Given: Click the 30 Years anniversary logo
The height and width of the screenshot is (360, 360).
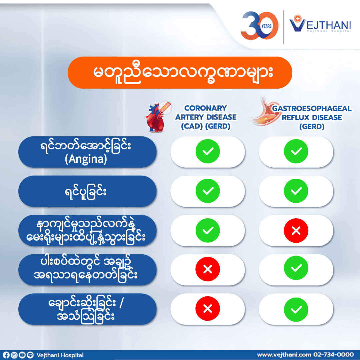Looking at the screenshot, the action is pyautogui.click(x=259, y=26).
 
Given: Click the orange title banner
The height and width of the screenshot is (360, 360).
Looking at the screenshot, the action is pyautogui.click(x=180, y=73).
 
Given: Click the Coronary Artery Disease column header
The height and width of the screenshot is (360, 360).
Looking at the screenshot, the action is pyautogui.click(x=206, y=117).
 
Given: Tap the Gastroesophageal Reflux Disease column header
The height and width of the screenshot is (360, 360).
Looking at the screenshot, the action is pyautogui.click(x=312, y=117).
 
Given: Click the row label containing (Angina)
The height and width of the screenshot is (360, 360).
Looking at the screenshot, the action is pyautogui.click(x=87, y=152).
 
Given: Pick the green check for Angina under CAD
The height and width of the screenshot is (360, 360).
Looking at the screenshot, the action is pyautogui.click(x=208, y=151).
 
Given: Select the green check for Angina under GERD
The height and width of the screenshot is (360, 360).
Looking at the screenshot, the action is pyautogui.click(x=296, y=151).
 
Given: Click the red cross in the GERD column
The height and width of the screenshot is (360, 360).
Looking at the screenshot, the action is pyautogui.click(x=296, y=231).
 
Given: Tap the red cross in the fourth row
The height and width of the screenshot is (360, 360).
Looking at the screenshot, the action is pyautogui.click(x=208, y=269).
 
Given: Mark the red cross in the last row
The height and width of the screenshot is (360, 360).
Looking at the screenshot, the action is pyautogui.click(x=208, y=309).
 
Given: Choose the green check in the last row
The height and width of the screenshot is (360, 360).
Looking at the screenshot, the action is pyautogui.click(x=296, y=310).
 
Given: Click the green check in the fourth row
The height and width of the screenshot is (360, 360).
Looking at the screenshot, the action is pyautogui.click(x=296, y=268).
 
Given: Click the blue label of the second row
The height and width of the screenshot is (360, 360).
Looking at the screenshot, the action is pyautogui.click(x=87, y=191).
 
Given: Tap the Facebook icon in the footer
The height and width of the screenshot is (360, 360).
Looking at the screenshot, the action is pyautogui.click(x=6, y=355).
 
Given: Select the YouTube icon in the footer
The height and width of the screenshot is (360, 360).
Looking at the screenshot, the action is pyautogui.click(x=22, y=355).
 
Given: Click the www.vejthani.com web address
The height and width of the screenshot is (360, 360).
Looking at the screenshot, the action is pyautogui.click(x=284, y=355).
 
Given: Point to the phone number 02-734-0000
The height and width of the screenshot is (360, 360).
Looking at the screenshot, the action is pyautogui.click(x=333, y=355).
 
